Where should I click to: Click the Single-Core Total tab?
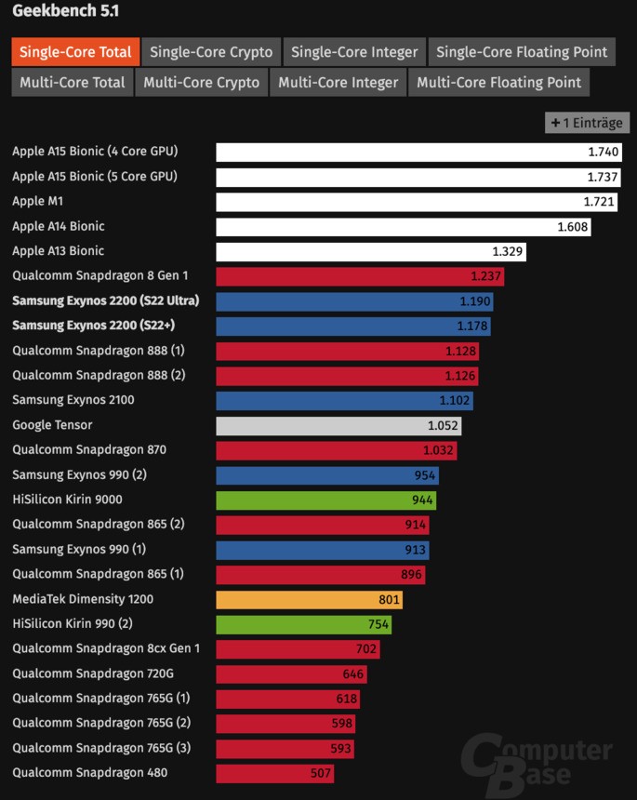tap(75, 52)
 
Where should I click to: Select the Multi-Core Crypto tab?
tap(202, 82)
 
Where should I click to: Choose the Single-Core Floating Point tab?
tap(521, 52)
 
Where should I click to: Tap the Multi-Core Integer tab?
tap(338, 82)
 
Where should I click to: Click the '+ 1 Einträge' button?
tap(587, 123)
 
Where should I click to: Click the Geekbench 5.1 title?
tap(65, 11)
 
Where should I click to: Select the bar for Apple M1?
tap(418, 202)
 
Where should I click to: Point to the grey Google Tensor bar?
tap(338, 426)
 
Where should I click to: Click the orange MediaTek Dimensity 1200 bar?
tap(309, 600)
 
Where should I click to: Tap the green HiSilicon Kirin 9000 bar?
tap(325, 500)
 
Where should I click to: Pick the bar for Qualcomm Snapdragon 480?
tap(274, 773)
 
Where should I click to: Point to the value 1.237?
tap(485, 276)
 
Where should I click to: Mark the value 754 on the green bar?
tap(378, 624)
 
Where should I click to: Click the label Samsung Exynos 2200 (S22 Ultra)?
tap(105, 300)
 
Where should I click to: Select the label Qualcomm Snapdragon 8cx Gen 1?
tap(106, 648)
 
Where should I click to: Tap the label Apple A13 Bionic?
tap(58, 251)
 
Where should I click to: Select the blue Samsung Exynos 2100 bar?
tap(344, 401)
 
